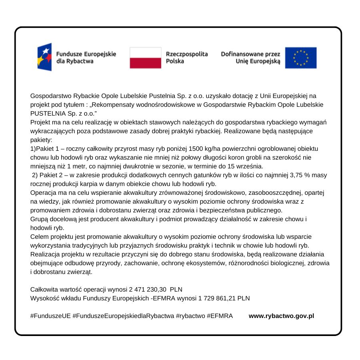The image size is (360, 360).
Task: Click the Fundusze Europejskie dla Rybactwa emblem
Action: (x=45, y=57)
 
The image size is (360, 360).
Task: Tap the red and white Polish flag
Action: (x=145, y=58)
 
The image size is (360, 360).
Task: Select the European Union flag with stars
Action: (x=300, y=58)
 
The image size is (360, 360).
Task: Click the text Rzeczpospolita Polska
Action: (x=186, y=58)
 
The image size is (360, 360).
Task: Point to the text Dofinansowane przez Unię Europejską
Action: (x=251, y=58)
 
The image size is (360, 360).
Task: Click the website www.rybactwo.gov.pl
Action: (x=281, y=316)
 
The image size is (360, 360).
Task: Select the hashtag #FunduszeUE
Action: (x=50, y=316)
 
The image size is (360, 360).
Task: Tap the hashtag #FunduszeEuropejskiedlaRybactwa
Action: (x=123, y=316)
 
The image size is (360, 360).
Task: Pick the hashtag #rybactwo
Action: (x=190, y=316)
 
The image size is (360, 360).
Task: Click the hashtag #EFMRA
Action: (x=220, y=316)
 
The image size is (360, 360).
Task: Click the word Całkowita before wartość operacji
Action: (x=44, y=289)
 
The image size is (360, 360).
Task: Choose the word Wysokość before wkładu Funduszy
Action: (x=44, y=298)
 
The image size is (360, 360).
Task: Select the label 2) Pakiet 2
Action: (x=47, y=175)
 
